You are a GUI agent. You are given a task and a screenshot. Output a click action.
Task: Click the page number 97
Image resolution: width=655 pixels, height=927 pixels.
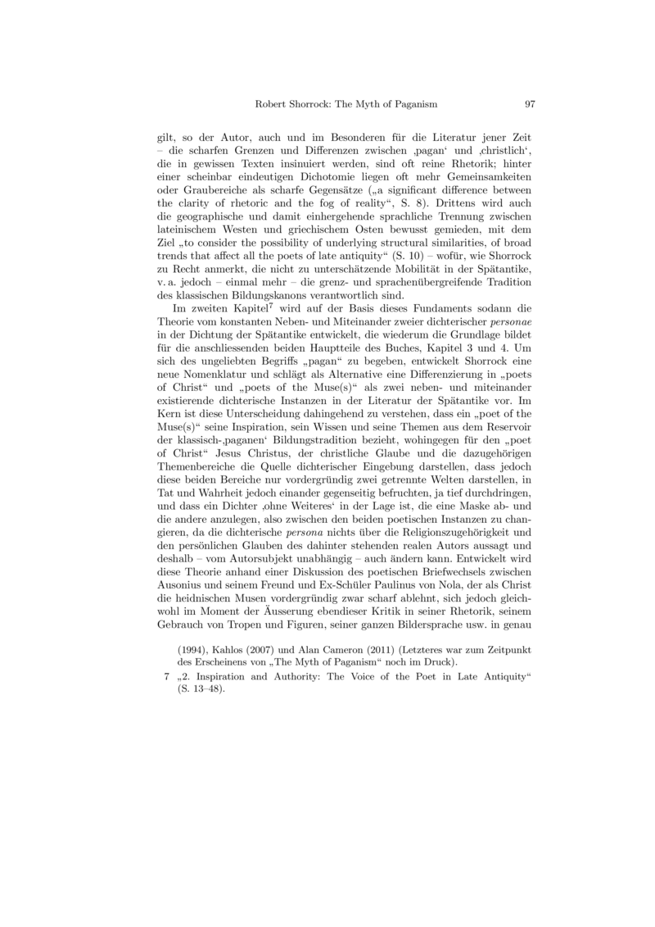tap(529, 104)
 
